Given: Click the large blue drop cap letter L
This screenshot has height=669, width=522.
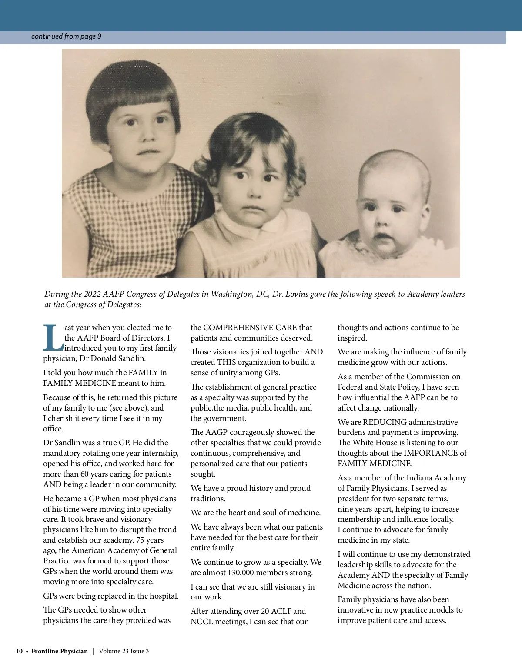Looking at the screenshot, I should pos(53,338).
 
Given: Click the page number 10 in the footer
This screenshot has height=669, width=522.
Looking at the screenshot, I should pos(19,651).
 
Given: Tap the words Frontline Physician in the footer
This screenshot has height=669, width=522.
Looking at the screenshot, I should pos(60,651).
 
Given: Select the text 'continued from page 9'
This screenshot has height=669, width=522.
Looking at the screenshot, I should pos(66,36).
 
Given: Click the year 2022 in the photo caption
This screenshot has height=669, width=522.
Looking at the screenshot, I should pos(92,294).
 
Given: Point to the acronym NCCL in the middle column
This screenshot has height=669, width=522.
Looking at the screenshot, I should pos(202,622).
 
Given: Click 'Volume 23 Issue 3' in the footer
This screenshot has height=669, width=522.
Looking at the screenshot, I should pos(124,651).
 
